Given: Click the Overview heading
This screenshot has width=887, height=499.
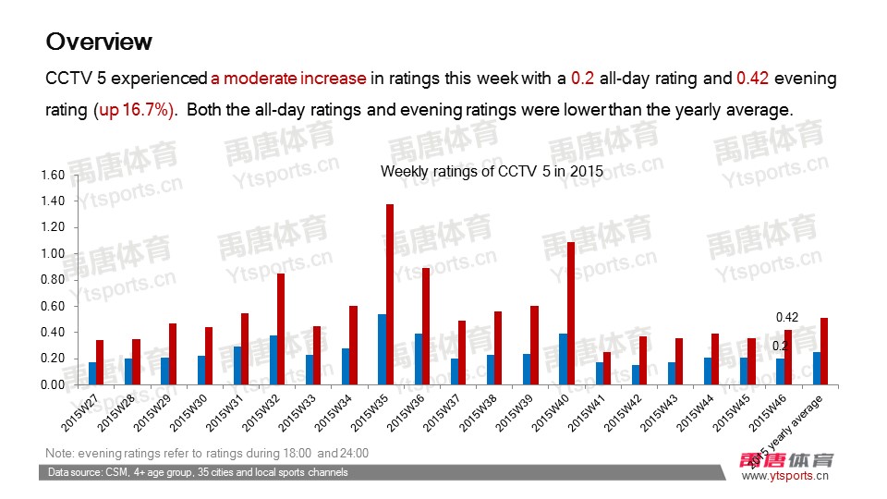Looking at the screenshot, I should pyautogui.click(x=99, y=42).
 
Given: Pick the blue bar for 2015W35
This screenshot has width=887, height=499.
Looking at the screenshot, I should pyautogui.click(x=382, y=349).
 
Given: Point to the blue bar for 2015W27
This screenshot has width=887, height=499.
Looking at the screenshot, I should pyautogui.click(x=91, y=373).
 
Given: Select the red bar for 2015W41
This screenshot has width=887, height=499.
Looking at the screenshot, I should pyautogui.click(x=607, y=368).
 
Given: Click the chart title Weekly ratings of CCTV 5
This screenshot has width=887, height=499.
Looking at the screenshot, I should pyautogui.click(x=491, y=171).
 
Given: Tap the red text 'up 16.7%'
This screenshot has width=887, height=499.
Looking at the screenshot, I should pyautogui.click(x=135, y=110).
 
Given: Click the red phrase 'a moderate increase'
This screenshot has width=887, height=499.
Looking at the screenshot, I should pyautogui.click(x=288, y=79).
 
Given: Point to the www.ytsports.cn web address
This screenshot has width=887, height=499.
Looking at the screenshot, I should pyautogui.click(x=785, y=477).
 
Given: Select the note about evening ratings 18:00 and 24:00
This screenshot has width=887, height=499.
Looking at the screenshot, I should pyautogui.click(x=207, y=454).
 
